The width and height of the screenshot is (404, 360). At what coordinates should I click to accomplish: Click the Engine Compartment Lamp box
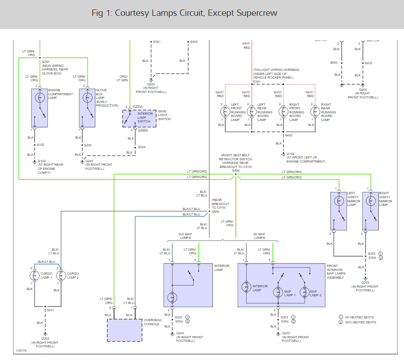point(40,108)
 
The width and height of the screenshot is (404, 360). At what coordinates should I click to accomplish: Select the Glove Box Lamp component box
point(88,108)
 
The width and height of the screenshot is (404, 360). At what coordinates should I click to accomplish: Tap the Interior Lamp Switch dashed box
point(140,118)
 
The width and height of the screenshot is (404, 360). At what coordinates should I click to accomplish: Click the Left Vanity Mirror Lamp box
point(338,210)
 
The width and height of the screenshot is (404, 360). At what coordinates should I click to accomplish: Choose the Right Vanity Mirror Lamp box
point(371,210)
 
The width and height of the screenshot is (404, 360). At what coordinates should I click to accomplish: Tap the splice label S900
point(216,211)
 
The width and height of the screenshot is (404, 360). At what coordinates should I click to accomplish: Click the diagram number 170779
point(21,351)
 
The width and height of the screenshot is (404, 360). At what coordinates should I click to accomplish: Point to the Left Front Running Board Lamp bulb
point(225,111)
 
